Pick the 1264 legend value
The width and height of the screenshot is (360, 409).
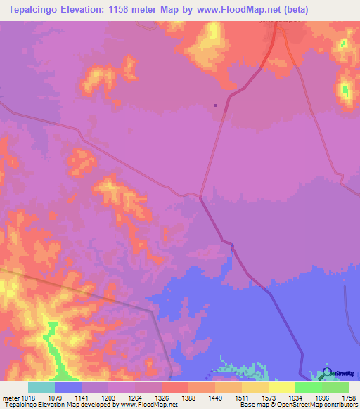[148, 397]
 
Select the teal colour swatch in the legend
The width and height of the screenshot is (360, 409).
[41, 387]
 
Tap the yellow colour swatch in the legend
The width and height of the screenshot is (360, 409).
[281, 387]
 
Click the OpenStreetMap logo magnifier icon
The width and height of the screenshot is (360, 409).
[328, 373]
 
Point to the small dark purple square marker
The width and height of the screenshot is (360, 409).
[216, 106]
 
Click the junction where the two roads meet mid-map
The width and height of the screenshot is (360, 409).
[200, 197]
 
